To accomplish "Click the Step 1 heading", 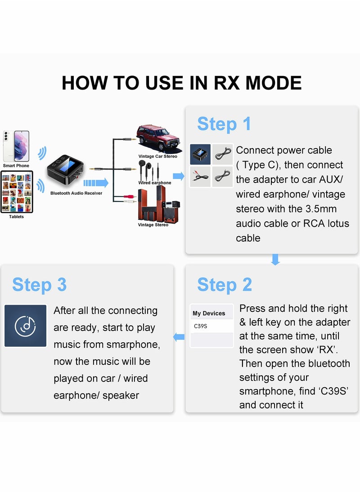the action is (224, 124).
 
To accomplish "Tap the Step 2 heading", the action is (225, 285).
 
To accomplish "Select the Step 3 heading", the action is (39, 285).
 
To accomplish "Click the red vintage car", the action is (158, 138).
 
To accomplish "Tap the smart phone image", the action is (16, 146).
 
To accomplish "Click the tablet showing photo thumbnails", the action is (17, 192).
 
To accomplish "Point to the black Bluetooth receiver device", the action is (65, 170).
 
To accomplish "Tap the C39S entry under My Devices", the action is (200, 326).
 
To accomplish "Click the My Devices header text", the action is (209, 313).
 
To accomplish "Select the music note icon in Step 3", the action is (26, 326).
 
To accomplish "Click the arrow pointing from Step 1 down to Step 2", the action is (275, 260).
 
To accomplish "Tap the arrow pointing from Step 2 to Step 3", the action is (179, 337).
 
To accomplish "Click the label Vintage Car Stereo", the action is (158, 156).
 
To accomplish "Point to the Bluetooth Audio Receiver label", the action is (76, 193).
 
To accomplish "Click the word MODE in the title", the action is (274, 83).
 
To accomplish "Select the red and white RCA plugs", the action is (130, 199).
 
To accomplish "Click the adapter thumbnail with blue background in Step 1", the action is (200, 154).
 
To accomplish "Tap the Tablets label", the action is (16, 217).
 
